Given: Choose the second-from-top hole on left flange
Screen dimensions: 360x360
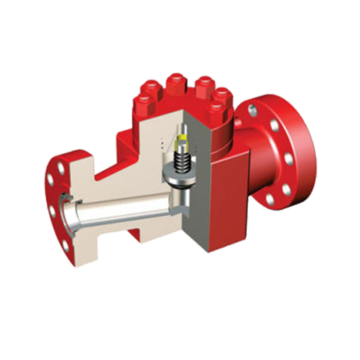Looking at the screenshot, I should pyautogui.click(x=52, y=180).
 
